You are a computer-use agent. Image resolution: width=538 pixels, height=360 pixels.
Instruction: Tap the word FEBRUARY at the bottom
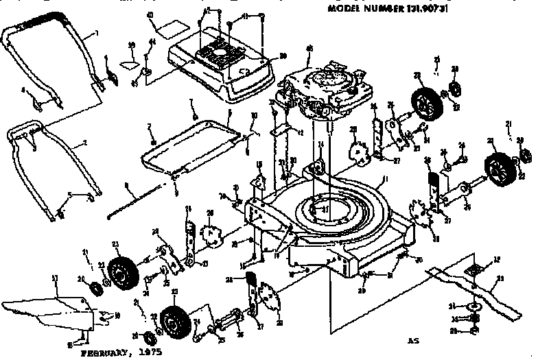pos(106,354)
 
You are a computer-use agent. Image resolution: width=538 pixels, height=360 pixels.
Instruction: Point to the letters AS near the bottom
pos(413,339)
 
